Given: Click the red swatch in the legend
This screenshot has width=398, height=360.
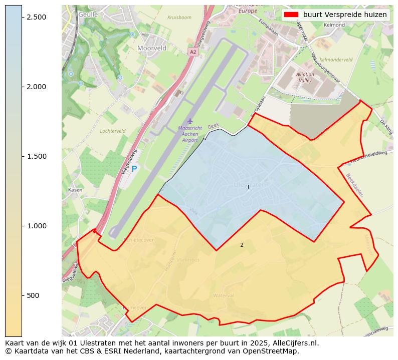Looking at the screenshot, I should pyautogui.click(x=291, y=15).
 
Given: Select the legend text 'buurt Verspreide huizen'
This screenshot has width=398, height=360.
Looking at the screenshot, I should pyautogui.click(x=345, y=15).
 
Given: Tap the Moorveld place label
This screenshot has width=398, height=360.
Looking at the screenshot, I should pyautogui.click(x=152, y=48).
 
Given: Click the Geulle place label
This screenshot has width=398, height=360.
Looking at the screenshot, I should pyautogui.click(x=88, y=15).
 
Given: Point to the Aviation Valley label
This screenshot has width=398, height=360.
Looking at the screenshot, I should pyautogui.click(x=305, y=77).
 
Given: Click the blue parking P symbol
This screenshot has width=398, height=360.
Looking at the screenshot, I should pyautogui.click(x=134, y=169).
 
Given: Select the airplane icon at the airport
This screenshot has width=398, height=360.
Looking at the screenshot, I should pyautogui.click(x=189, y=121).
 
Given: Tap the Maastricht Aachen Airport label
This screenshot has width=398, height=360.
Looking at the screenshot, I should pyautogui.click(x=190, y=134).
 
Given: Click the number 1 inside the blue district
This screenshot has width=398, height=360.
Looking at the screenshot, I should pyautogui.click(x=248, y=187).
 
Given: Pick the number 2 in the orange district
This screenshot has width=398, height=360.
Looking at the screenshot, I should pyautogui.click(x=242, y=245).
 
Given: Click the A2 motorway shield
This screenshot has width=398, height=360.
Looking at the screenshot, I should pyautogui.click(x=193, y=52).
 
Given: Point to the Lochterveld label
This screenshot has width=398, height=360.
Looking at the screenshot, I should pyautogui.click(x=113, y=131).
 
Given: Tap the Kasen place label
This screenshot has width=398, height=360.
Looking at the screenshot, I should pyautogui.click(x=75, y=190).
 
